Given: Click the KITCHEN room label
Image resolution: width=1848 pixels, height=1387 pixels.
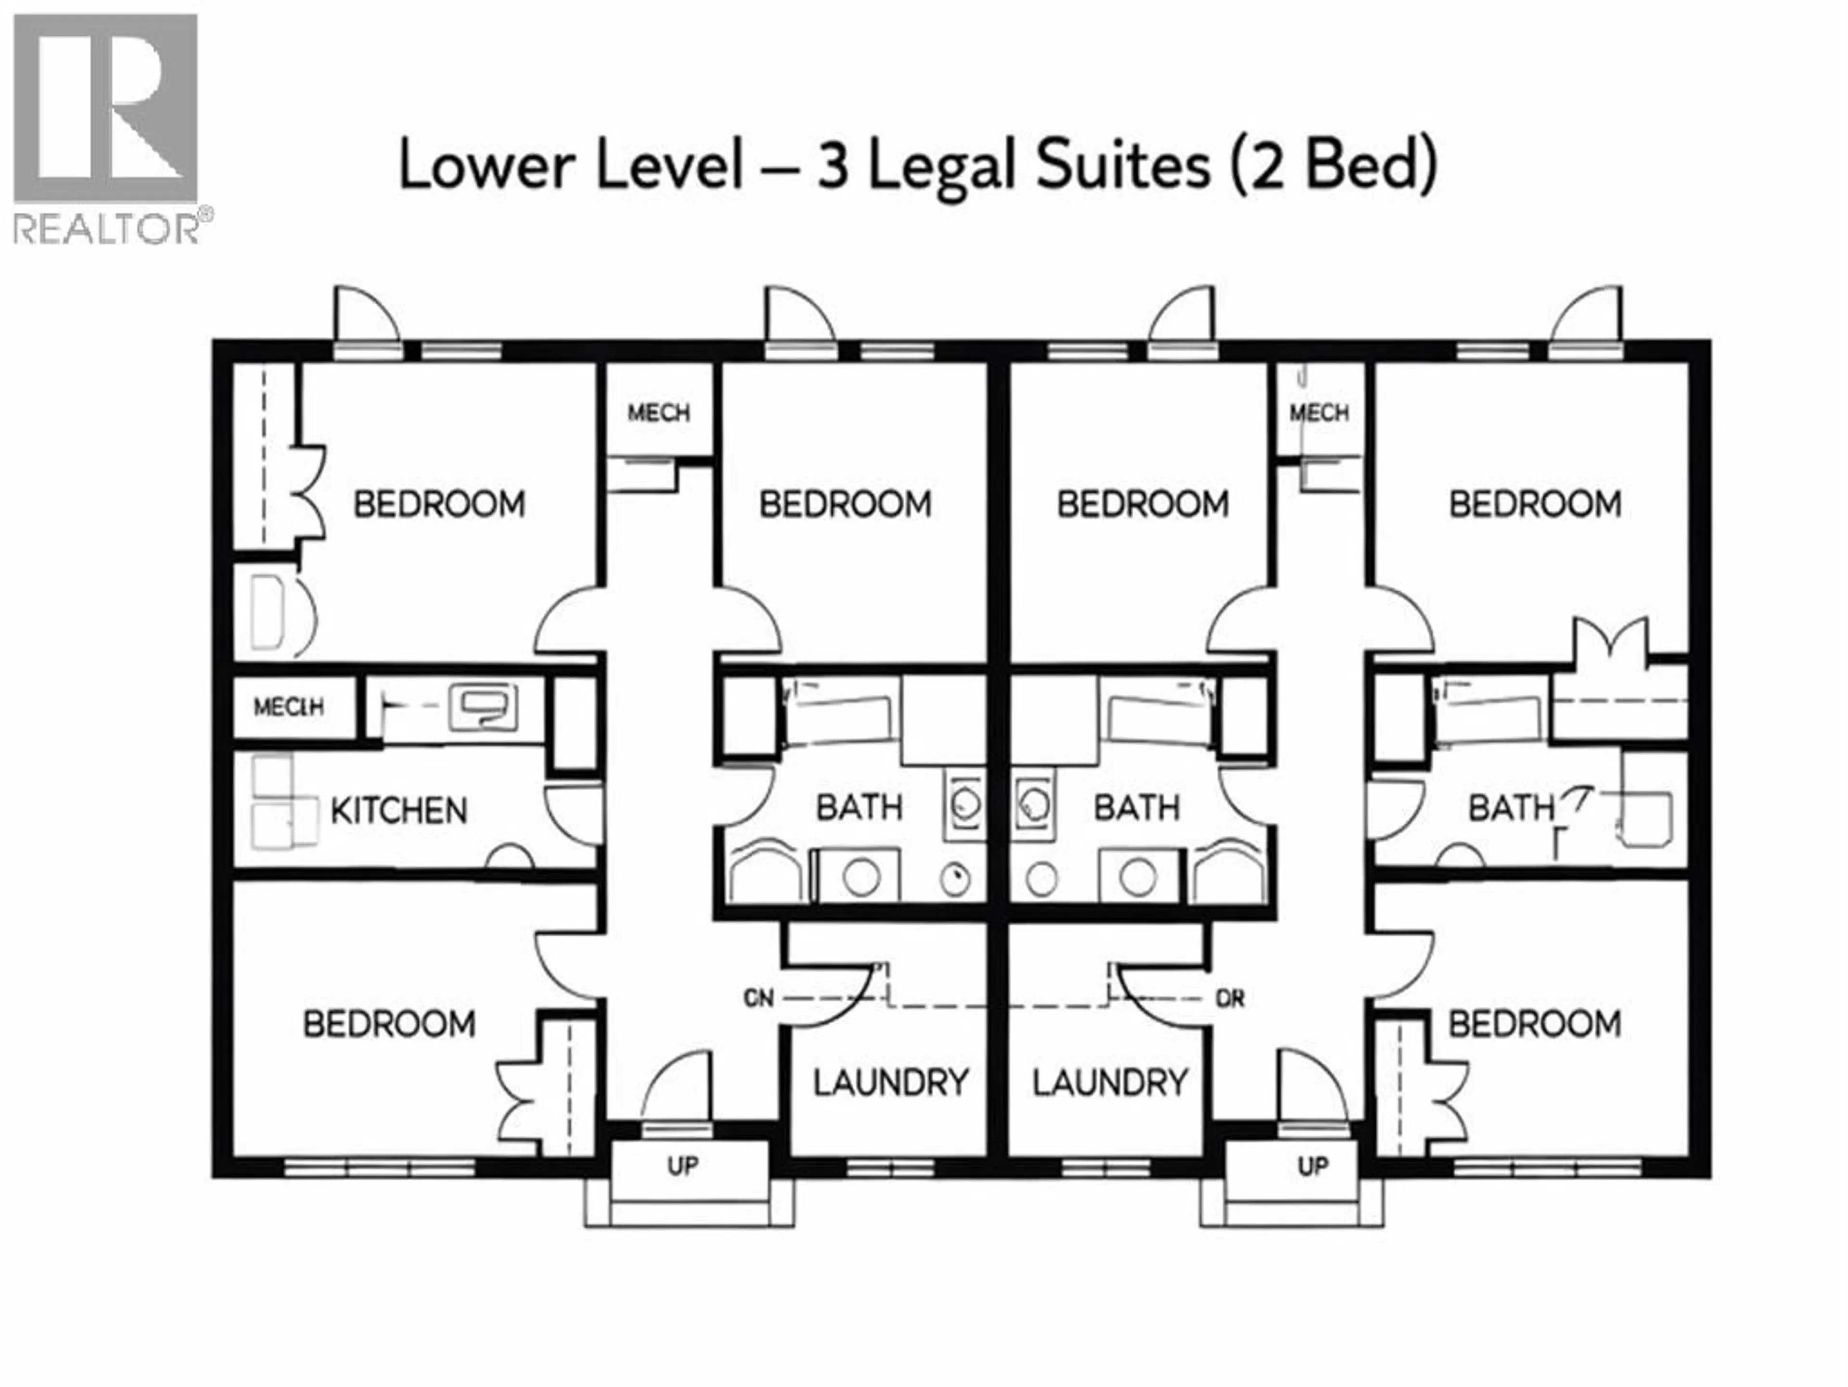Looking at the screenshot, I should [398, 811].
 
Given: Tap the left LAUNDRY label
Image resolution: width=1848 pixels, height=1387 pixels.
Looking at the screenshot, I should [891, 1083].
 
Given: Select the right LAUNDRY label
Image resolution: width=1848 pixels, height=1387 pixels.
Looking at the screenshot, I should [1109, 1083].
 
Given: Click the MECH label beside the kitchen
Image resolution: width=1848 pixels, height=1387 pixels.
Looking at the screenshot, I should [288, 707].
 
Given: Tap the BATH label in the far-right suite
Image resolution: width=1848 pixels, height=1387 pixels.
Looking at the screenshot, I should [1511, 808].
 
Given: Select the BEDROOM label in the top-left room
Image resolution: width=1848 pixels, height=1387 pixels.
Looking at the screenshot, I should [439, 504].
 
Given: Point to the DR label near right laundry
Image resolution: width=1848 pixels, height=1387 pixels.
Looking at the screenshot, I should [1230, 999].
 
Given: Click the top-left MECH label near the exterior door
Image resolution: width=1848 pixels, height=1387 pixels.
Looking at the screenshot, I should [658, 412].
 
